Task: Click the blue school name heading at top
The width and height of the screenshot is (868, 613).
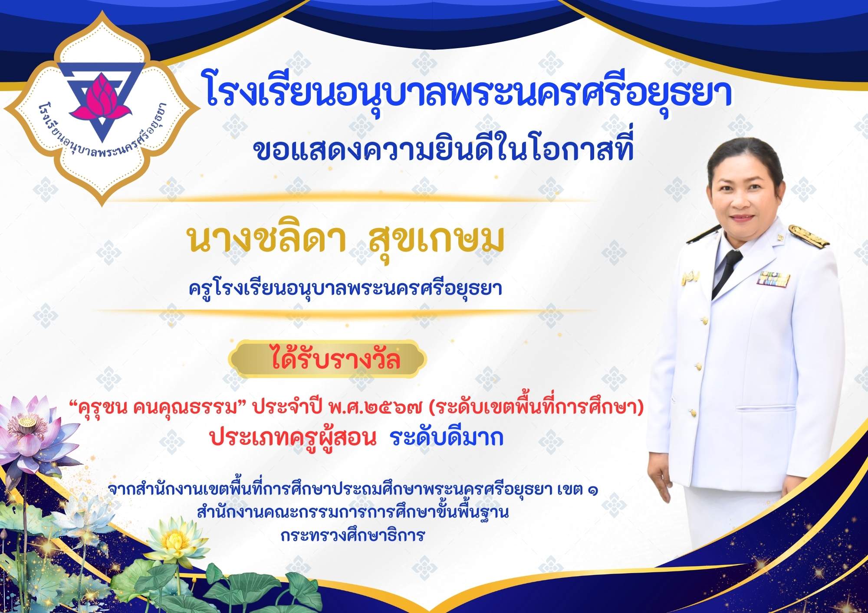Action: point(469,92)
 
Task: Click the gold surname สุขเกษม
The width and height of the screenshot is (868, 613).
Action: point(436,240)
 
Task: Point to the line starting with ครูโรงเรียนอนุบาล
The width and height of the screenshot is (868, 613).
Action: point(345,288)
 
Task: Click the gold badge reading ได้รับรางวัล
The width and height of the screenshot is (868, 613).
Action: point(328,359)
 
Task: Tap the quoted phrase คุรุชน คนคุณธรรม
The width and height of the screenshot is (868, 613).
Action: point(157,408)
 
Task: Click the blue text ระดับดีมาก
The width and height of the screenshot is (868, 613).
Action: point(447,437)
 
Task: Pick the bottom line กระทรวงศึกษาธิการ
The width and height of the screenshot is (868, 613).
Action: point(352,536)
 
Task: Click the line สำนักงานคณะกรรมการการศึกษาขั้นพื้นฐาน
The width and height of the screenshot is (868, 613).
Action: point(352,512)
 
